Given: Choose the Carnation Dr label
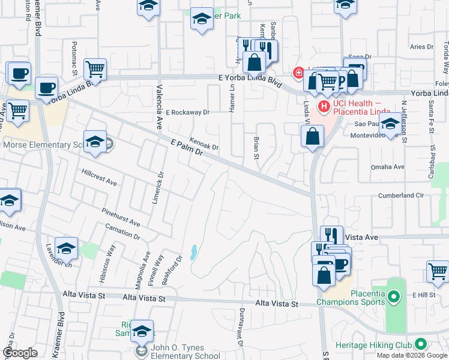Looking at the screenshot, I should pos(122,231).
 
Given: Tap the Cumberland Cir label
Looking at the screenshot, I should pos(401,196).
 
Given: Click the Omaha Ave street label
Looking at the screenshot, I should pos(405,167).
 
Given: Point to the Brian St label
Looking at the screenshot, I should pos(256,148).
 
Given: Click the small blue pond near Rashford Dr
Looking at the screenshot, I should pos(193,252).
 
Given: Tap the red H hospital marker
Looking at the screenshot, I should pos(325,106).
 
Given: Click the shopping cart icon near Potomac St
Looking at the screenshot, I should pos(95,70).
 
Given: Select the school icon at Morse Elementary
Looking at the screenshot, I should pos(95,142).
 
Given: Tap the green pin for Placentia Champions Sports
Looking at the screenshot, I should pos(394,296).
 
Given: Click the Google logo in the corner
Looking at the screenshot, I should pos(20,353).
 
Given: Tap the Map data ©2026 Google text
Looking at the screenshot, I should pos(412,355).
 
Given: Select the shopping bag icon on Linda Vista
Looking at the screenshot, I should pos(313,136).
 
